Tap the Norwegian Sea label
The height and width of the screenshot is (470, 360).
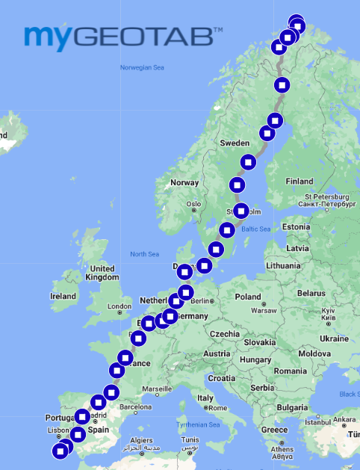pyautogui.click(x=142, y=67)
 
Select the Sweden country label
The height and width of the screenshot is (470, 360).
pyautogui.click(x=235, y=142)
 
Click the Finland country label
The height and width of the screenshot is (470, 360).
pyautogui.click(x=300, y=181)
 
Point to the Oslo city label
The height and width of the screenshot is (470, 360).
pyautogui.click(x=194, y=203)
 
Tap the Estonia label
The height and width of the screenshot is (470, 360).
pyautogui.click(x=296, y=226)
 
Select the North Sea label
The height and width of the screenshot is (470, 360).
pyautogui.click(x=144, y=254)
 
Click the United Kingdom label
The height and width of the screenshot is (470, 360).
pyautogui.click(x=102, y=273)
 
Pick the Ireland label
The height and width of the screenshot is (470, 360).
pyautogui.click(x=63, y=296)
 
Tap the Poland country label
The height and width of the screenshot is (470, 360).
pyautogui.click(x=248, y=297)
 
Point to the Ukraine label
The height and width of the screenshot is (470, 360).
pyautogui.click(x=333, y=338)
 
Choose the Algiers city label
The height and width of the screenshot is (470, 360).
pyautogui.click(x=141, y=441)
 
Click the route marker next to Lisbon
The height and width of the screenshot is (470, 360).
pyautogui.click(x=78, y=434)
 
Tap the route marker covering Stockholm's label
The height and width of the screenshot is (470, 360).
pyautogui.click(x=240, y=211)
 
